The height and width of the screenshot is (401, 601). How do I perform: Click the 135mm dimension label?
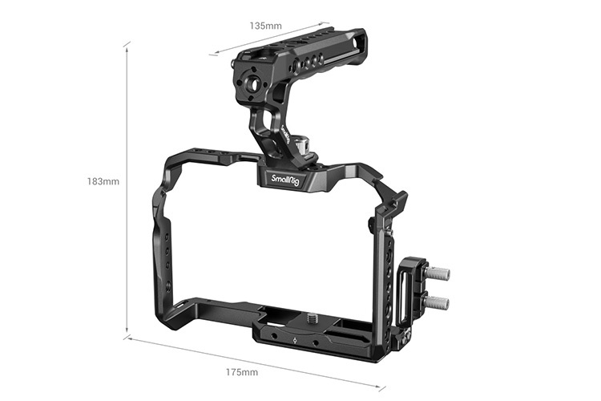click(x=265, y=26)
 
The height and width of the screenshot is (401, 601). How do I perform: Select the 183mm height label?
click(x=103, y=181)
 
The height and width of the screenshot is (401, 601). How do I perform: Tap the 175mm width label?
click(x=241, y=372)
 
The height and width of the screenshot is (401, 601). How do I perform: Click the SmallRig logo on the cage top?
click(x=287, y=179)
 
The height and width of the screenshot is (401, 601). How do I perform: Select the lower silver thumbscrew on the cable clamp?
click(x=438, y=302)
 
